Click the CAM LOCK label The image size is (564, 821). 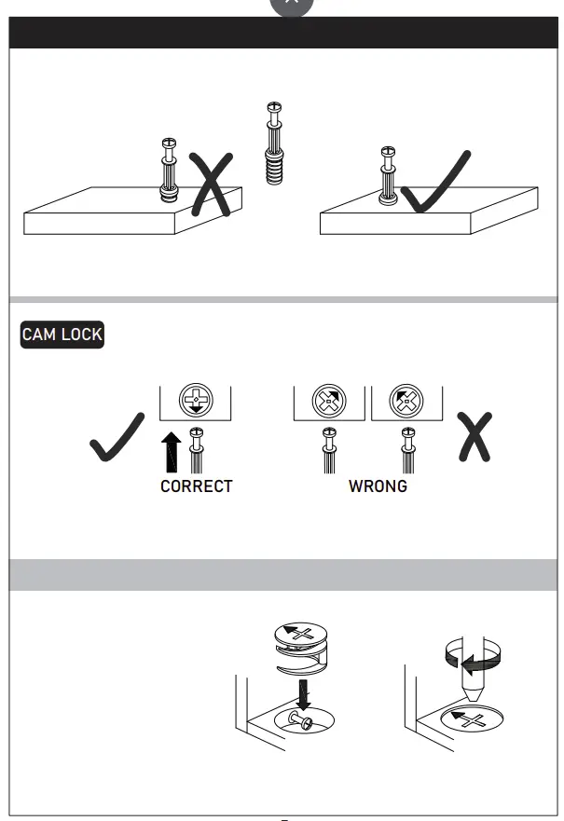tap(62, 335)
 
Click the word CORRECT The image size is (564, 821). tap(196, 486)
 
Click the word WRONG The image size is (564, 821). tap(378, 486)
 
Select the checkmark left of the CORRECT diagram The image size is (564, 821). tap(117, 436)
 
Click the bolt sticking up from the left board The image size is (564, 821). tap(169, 169)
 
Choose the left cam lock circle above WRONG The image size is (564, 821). tap(328, 402)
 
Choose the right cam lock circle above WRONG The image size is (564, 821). tap(406, 402)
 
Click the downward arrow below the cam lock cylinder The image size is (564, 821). tap(303, 693)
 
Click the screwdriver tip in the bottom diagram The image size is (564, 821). tap(470, 696)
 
